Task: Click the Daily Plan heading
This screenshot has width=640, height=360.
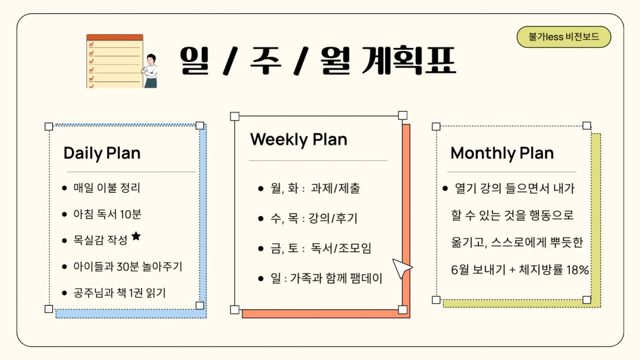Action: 102,153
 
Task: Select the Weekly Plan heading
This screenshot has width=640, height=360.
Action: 299,140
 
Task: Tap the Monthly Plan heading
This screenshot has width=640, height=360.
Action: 502,153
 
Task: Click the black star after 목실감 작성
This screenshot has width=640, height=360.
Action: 136,236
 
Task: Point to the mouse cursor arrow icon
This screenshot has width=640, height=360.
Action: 401,268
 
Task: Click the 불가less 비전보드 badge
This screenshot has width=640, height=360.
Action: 564,37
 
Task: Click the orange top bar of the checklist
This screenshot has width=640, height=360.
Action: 115,37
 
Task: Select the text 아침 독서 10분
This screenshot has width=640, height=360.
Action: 107,214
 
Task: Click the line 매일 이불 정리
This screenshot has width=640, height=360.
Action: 107,188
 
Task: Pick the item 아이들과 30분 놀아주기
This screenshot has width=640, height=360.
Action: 127,267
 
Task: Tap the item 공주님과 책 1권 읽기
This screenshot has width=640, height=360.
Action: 119,292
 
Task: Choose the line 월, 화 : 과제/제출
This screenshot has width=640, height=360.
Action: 315,188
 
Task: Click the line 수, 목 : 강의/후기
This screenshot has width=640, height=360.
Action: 314,218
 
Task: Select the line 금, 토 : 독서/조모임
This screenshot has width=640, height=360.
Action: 321,248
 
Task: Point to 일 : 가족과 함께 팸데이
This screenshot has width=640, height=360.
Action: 326,279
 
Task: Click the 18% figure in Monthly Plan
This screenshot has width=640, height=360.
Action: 578,270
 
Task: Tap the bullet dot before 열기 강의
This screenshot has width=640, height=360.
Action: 446,188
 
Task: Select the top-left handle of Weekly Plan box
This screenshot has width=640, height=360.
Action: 235,116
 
